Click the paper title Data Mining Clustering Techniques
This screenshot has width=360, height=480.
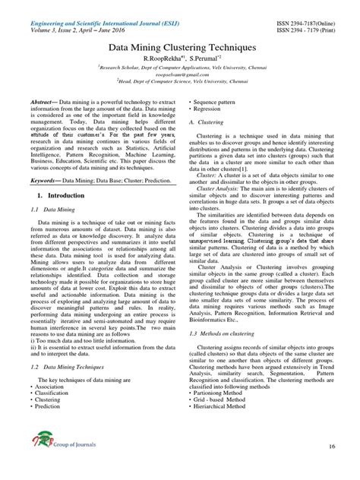tap(179, 48)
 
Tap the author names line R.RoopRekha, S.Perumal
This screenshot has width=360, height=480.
tap(180, 58)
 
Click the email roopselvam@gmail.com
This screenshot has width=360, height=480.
tap(180, 76)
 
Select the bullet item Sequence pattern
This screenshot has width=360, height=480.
tap(223, 100)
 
